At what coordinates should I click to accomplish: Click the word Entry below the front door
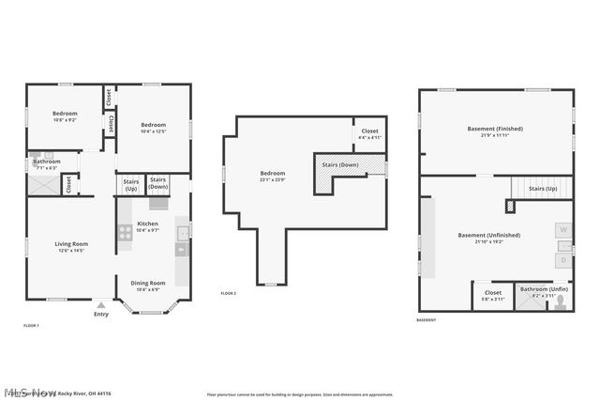[101, 314]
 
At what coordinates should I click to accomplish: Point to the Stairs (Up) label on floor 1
[131, 185]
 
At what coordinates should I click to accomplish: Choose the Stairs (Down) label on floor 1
[158, 183]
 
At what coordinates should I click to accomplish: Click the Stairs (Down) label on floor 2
[340, 165]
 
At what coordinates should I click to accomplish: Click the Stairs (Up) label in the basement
[543, 189]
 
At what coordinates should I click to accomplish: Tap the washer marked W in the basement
[564, 228]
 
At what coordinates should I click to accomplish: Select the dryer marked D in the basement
[564, 258]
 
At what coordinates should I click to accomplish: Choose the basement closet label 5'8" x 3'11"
[493, 295]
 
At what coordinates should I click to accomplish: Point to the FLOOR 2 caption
[228, 294]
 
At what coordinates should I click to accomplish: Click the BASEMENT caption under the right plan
[427, 320]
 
